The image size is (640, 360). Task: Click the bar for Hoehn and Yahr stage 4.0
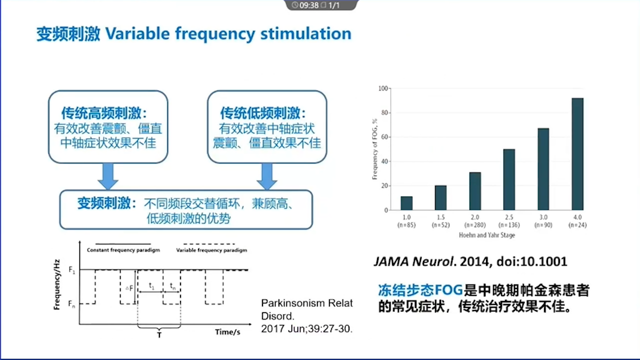pyautogui.click(x=577, y=154)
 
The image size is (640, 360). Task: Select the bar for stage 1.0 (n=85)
pyautogui.click(x=406, y=203)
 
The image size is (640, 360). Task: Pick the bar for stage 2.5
pyautogui.click(x=509, y=179)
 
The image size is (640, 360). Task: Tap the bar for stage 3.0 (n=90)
pyautogui.click(x=543, y=169)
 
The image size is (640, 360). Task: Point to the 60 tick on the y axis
pyautogui.click(x=384, y=137)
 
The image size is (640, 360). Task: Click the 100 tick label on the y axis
pyautogui.click(x=383, y=88)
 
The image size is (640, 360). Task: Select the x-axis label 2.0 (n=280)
pyautogui.click(x=475, y=221)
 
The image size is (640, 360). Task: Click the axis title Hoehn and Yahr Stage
pyautogui.click(x=487, y=235)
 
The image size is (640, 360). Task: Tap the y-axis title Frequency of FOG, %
pyautogui.click(x=374, y=149)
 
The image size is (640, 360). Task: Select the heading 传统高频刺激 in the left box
pyautogui.click(x=101, y=113)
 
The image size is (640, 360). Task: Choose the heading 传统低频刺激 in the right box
pyautogui.click(x=260, y=113)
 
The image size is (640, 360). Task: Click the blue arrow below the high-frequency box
pyautogui.click(x=108, y=176)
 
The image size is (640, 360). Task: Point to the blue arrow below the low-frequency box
pyautogui.click(x=267, y=176)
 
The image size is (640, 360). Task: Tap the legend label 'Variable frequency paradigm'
pyautogui.click(x=211, y=250)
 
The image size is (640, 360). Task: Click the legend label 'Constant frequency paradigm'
pyautogui.click(x=123, y=250)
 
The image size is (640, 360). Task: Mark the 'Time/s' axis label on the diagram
pyautogui.click(x=227, y=332)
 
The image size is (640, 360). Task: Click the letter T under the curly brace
pyautogui.click(x=159, y=335)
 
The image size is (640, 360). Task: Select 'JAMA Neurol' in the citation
pyautogui.click(x=413, y=261)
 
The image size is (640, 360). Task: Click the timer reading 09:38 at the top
pyautogui.click(x=309, y=5)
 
